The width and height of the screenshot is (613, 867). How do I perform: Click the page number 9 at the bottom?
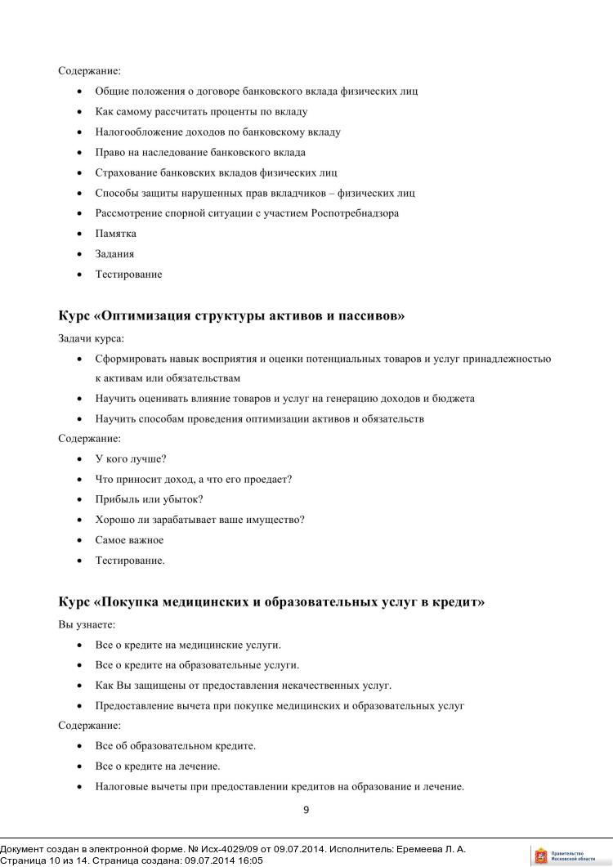(306, 811)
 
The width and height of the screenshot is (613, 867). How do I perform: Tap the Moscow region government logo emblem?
(540, 856)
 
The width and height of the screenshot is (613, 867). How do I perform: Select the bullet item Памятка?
(115, 234)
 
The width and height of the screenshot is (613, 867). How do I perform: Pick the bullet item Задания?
(114, 254)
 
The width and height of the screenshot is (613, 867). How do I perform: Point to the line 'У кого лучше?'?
(131, 459)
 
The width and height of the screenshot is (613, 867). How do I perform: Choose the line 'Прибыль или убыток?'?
(149, 499)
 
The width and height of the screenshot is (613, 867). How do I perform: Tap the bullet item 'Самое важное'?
(129, 540)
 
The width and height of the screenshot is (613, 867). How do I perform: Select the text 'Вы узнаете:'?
(87, 624)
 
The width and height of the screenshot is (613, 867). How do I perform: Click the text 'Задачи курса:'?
(91, 338)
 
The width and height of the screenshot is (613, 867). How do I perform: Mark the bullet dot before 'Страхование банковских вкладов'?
(79, 173)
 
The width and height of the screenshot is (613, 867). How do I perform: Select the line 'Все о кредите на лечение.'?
(158, 766)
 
